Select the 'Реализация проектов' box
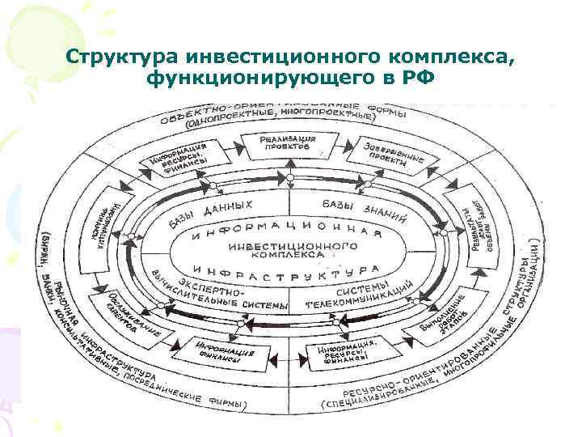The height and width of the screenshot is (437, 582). click(x=288, y=145)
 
